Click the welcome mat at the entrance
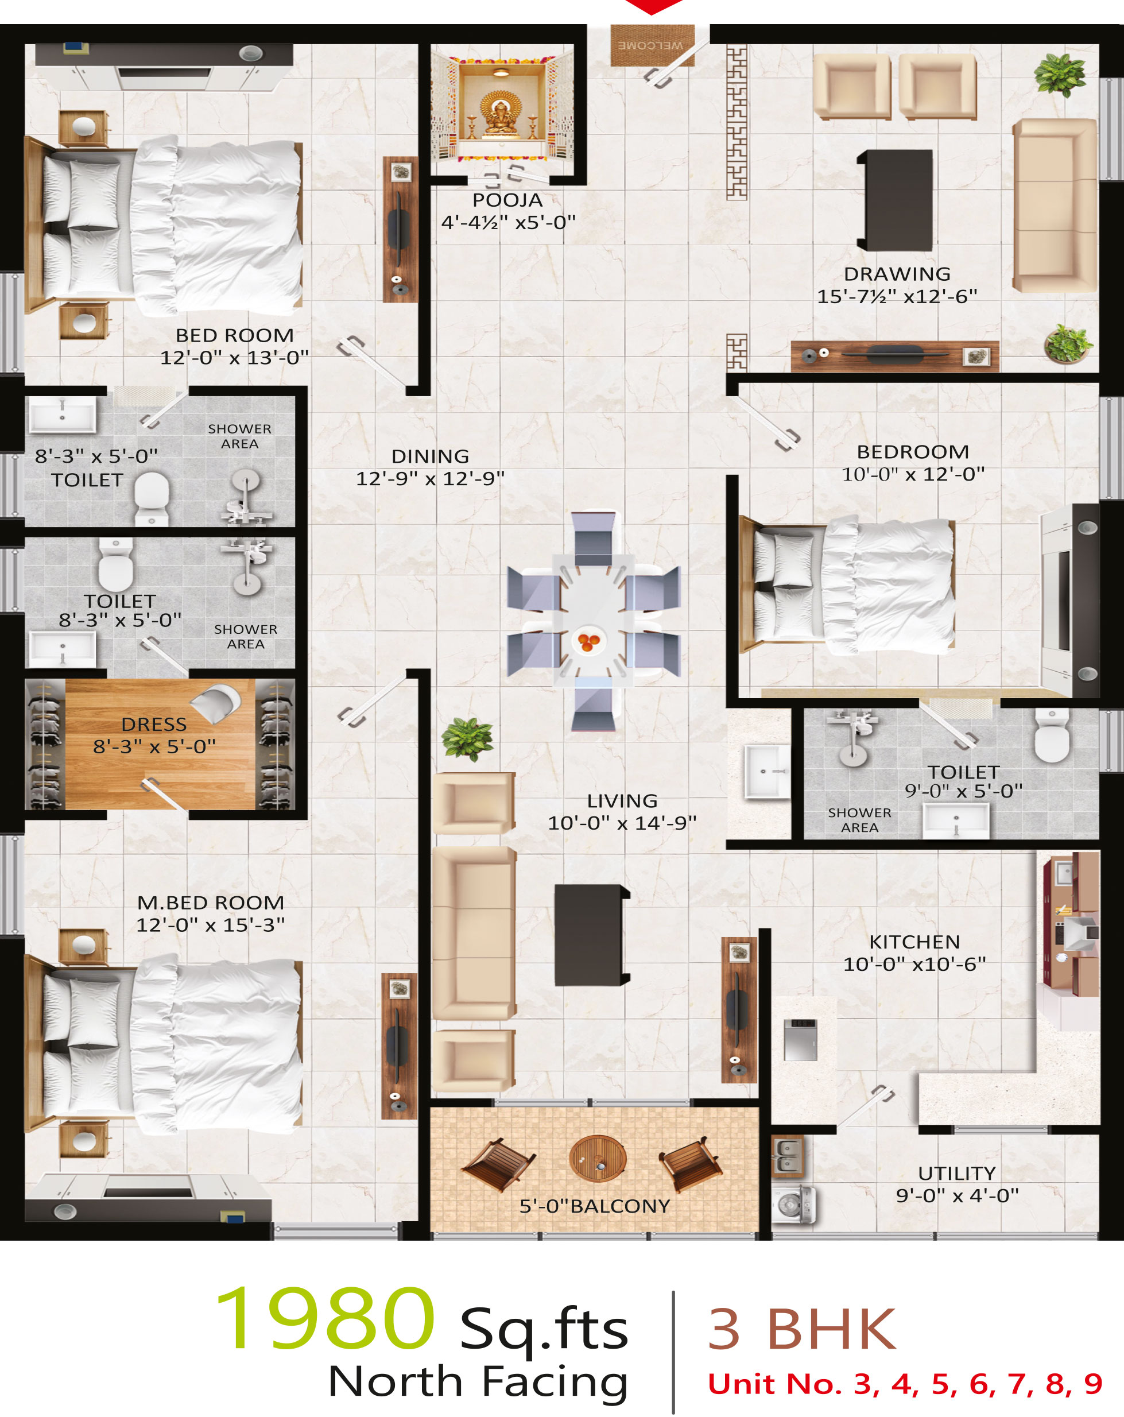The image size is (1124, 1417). (x=652, y=45)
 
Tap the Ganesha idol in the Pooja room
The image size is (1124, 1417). (x=501, y=114)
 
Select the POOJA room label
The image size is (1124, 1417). (x=507, y=200)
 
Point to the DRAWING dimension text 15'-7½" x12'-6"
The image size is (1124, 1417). (x=897, y=296)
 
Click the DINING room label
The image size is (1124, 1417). (x=431, y=456)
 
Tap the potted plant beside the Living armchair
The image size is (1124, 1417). (x=467, y=738)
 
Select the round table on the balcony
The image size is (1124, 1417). (x=598, y=1158)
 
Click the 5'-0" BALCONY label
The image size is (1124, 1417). (x=595, y=1206)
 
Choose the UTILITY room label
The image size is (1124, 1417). (x=957, y=1173)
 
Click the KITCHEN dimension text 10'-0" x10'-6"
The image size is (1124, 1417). (x=915, y=964)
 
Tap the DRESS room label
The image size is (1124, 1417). (x=154, y=724)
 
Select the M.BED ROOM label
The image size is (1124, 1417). (x=210, y=903)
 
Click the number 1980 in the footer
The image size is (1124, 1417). (x=325, y=1318)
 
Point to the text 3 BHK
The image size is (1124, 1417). (x=802, y=1329)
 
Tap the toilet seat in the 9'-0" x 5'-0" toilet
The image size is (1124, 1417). (x=1052, y=735)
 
